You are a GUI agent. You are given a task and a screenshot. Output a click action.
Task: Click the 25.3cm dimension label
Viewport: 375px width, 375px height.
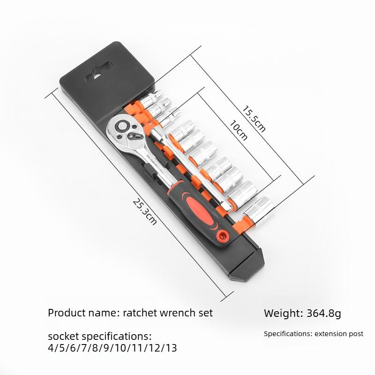coord(145,212)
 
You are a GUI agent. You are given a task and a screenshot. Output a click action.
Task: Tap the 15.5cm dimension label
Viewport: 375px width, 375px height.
coord(254,118)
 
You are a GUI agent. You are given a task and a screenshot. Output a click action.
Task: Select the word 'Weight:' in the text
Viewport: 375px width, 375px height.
coord(283,313)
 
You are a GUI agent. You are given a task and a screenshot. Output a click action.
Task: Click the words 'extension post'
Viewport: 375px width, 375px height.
coord(338,334)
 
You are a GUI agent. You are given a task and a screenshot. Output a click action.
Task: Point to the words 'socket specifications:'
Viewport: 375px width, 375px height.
coord(100,337)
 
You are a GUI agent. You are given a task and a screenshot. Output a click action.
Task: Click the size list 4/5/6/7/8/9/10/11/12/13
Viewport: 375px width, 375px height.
coord(112,348)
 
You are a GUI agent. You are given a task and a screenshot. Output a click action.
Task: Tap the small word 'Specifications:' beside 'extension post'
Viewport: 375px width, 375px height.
coord(287,334)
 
